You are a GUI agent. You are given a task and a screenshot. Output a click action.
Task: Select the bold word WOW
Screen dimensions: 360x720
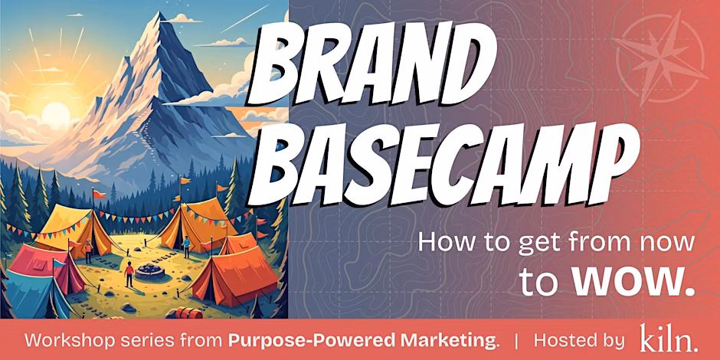633,280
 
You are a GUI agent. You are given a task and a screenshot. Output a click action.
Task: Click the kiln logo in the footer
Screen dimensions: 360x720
668,339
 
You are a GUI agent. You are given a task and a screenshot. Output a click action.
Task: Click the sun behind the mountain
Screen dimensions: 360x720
54,115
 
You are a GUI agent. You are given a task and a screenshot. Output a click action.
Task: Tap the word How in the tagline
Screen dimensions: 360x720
438,244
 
